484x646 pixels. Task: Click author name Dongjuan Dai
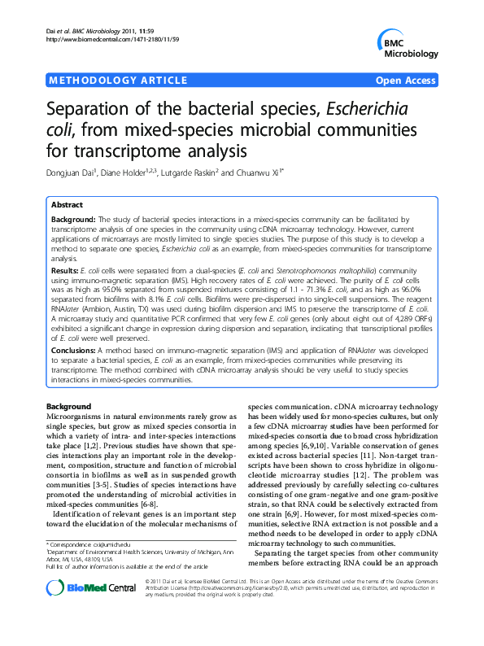[77, 172]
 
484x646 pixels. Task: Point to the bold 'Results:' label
[65, 268]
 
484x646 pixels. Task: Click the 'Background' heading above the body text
[68, 404]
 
